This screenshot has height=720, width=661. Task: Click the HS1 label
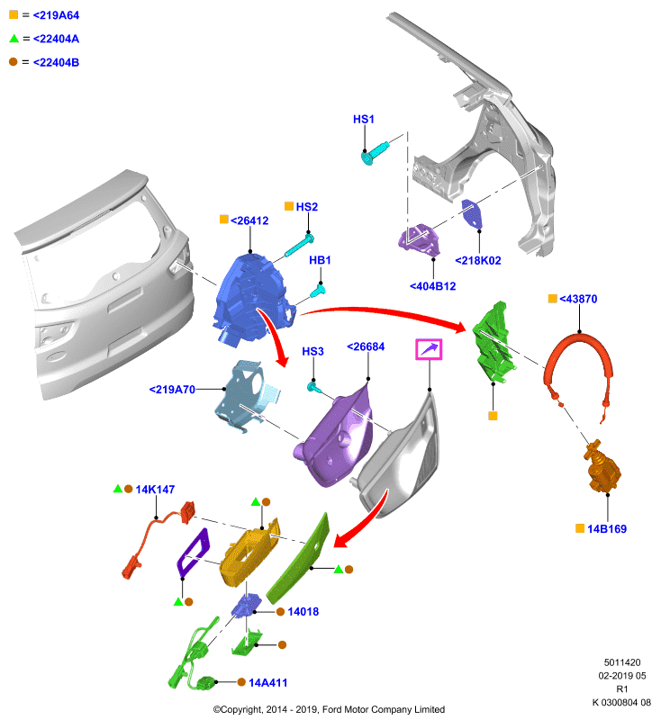(363, 120)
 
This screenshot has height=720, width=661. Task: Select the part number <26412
(249, 220)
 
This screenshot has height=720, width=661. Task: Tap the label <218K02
(477, 261)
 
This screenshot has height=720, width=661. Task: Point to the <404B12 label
(432, 286)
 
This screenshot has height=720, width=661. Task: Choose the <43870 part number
(578, 299)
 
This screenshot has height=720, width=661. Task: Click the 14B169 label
(607, 529)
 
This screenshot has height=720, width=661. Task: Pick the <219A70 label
(172, 390)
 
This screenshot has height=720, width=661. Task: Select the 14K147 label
(155, 490)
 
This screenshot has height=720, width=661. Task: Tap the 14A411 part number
(267, 683)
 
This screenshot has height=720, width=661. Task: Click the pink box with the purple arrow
(429, 349)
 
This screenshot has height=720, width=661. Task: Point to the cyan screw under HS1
(375, 153)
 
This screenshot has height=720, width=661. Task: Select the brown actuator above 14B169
(602, 467)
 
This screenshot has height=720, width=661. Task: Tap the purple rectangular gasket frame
(194, 552)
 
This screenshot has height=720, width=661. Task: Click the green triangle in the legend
(14, 39)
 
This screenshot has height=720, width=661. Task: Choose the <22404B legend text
(56, 62)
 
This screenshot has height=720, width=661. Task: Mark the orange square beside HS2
(289, 206)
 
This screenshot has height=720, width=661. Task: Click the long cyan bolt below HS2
(299, 245)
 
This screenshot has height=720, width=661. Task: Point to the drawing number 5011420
(622, 662)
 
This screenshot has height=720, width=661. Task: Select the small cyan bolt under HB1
(318, 291)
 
